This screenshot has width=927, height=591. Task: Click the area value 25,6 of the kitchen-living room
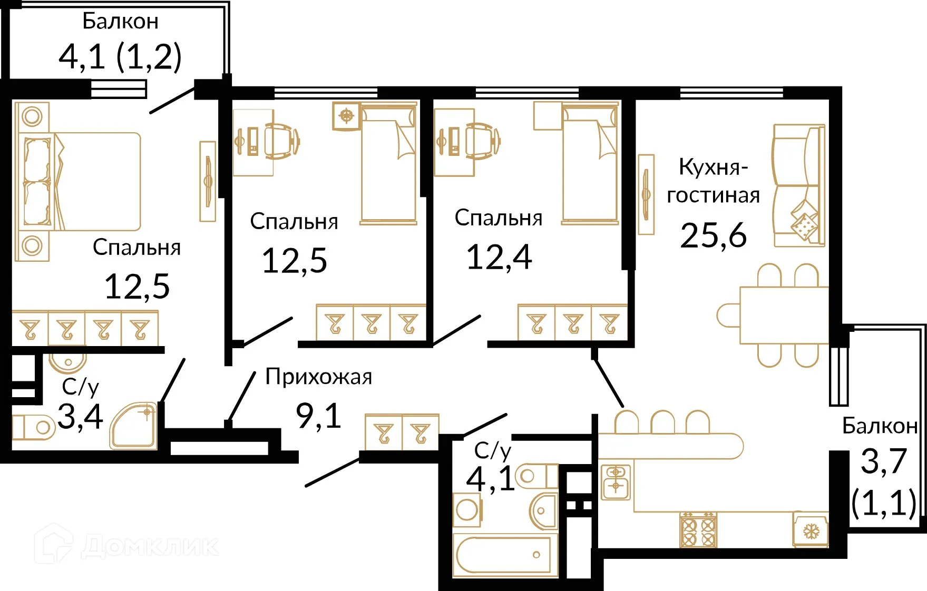[713, 235]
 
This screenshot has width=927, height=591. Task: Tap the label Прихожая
[318, 377]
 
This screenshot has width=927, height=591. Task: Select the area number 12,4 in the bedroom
[499, 258]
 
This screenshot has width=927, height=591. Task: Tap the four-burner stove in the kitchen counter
[698, 529]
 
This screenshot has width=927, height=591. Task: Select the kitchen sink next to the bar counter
[616, 481]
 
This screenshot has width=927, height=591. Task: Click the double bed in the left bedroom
[84, 182]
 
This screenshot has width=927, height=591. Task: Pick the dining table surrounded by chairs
[784, 315]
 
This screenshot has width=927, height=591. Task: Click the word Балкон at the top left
[120, 22]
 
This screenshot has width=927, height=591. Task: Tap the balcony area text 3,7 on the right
[883, 462]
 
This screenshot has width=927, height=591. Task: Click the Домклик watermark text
[150, 546]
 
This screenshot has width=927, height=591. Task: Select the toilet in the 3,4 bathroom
[33, 427]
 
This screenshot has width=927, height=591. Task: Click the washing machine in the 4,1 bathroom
[467, 510]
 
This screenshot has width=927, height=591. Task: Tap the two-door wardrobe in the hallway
[402, 432]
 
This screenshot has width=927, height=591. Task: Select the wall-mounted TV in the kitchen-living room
[646, 194]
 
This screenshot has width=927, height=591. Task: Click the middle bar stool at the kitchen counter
[662, 422]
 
